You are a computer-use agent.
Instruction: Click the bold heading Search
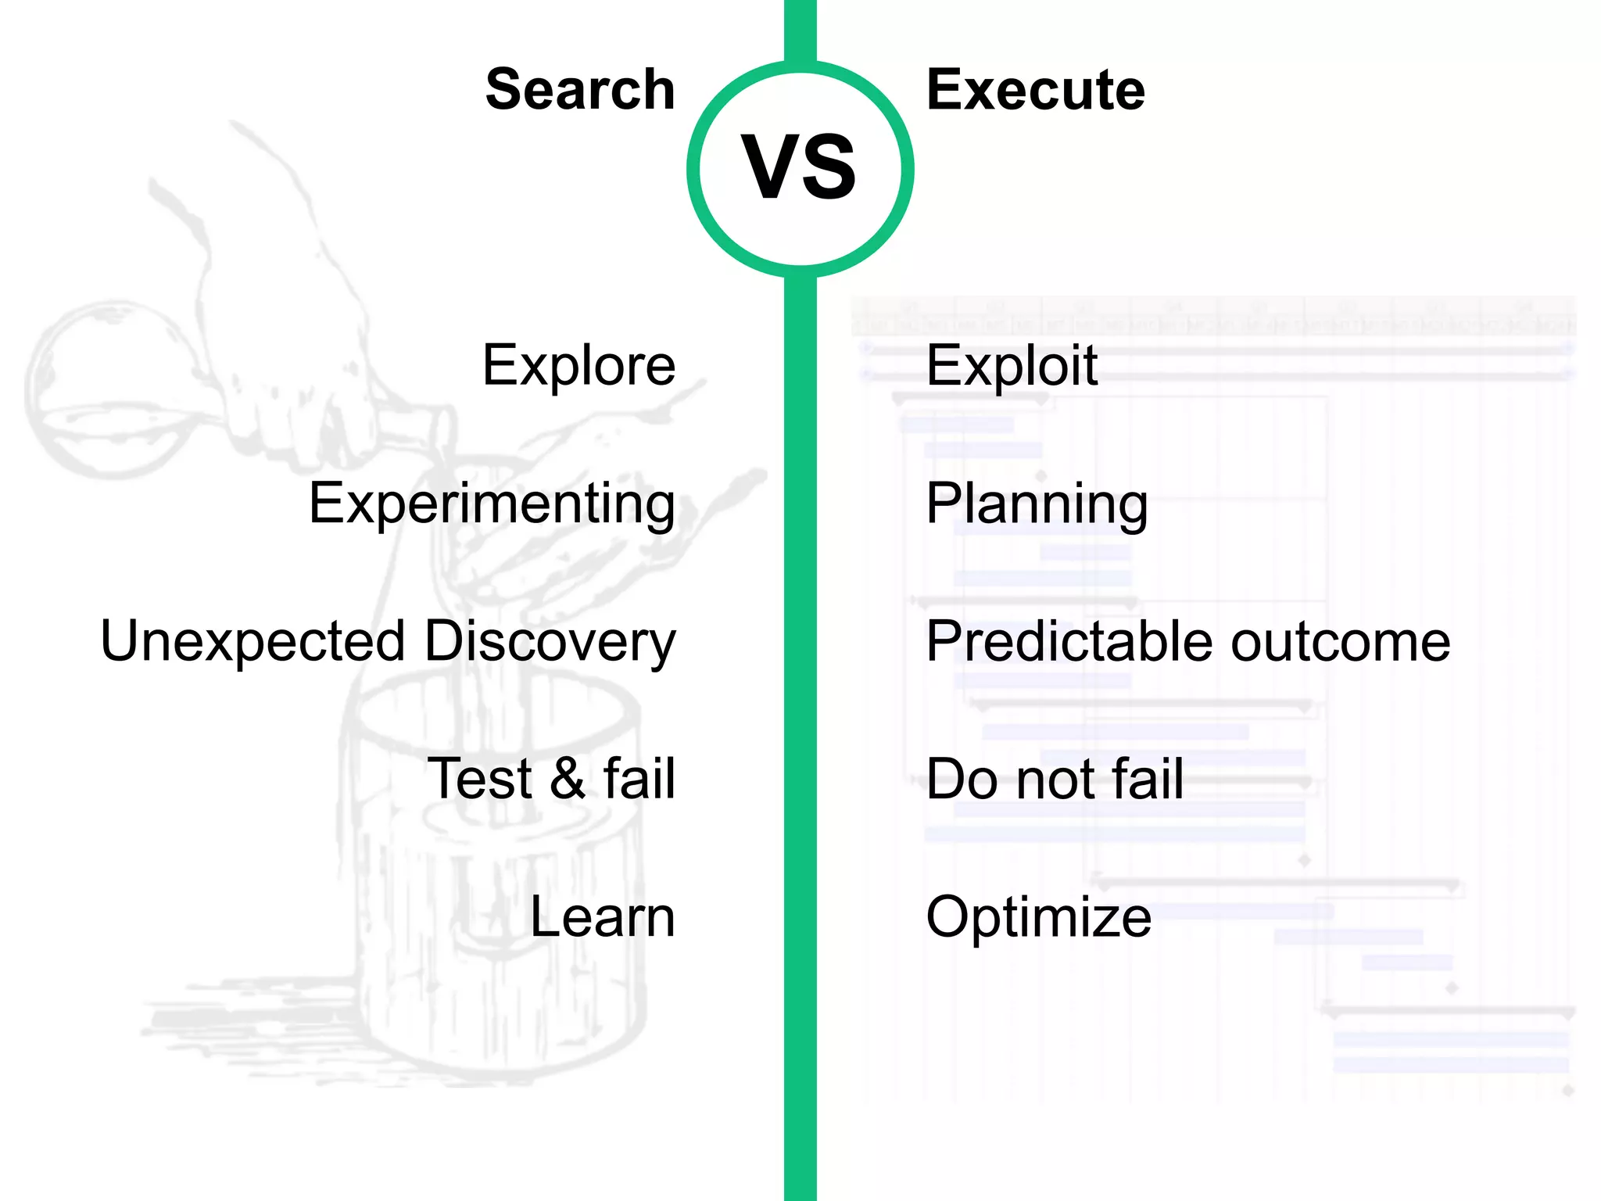pyautogui.click(x=580, y=90)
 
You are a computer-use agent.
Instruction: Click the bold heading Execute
pyautogui.click(x=1036, y=90)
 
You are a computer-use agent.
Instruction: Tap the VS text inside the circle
pyautogui.click(x=799, y=167)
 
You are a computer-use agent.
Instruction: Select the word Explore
pyautogui.click(x=578, y=365)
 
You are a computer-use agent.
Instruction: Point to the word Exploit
pyautogui.click(x=1012, y=365)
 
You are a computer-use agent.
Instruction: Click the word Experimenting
pyautogui.click(x=492, y=504)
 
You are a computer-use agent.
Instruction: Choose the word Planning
pyautogui.click(x=1037, y=504)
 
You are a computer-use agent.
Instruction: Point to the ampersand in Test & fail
pyautogui.click(x=568, y=779)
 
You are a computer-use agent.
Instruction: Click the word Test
pyautogui.click(x=480, y=779)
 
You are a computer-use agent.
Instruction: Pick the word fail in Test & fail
pyautogui.click(x=639, y=779)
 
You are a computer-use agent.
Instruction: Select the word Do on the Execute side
pyautogui.click(x=959, y=779)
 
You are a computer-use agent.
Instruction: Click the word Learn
pyautogui.click(x=602, y=916)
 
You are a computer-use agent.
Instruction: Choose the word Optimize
pyautogui.click(x=1038, y=916)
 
